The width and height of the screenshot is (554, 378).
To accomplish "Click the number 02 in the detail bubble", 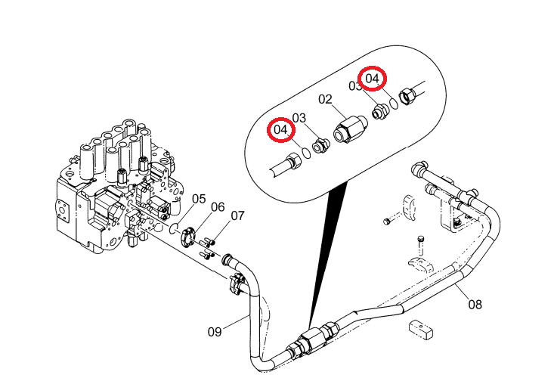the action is [325, 99].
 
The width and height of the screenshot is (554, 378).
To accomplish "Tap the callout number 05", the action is [199, 199].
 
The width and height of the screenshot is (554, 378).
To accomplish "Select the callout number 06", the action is [218, 207].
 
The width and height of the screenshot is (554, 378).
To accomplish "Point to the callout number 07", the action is [238, 215].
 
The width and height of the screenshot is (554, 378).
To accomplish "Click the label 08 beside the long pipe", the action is [475, 304].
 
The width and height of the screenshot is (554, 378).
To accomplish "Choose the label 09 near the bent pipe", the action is [215, 332].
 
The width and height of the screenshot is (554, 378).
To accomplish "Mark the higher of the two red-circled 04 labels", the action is [373, 79].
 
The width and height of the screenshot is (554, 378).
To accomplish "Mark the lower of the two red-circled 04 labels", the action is [281, 129].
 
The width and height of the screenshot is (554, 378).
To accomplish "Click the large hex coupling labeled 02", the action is [350, 129].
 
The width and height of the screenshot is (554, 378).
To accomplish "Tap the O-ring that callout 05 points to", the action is [174, 229].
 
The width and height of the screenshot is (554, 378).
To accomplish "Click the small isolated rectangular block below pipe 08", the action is [421, 330].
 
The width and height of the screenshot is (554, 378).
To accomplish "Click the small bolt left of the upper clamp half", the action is [386, 222].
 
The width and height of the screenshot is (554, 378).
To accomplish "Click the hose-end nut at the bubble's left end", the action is [294, 160].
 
